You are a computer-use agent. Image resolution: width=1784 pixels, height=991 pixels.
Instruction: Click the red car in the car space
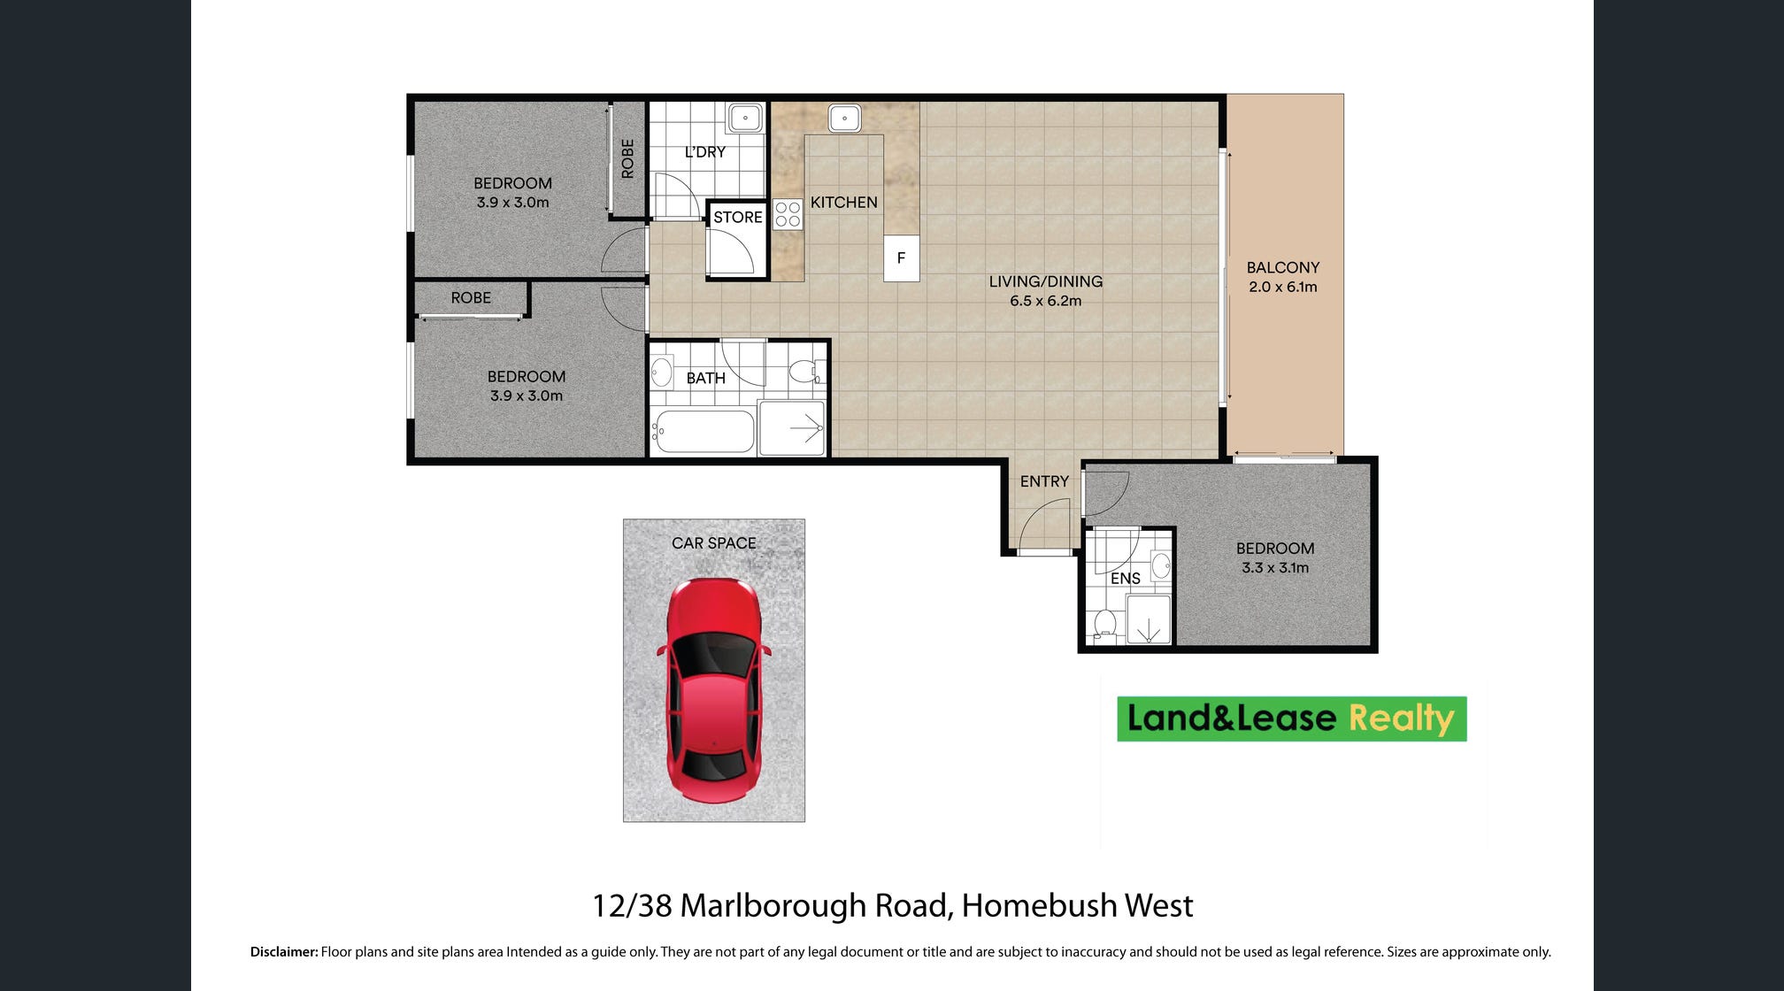713,690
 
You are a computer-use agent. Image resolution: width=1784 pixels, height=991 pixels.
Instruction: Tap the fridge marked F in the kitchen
901,258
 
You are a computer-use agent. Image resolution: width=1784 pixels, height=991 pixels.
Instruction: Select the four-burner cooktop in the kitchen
788,214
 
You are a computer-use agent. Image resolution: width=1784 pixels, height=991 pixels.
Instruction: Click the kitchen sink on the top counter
844,118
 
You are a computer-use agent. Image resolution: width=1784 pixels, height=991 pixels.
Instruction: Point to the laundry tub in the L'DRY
745,118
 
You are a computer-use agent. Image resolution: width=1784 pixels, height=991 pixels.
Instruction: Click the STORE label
738,218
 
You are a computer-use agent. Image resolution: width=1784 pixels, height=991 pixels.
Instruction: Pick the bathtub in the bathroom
704,432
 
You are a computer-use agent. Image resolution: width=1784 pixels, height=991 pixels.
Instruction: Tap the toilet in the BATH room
805,371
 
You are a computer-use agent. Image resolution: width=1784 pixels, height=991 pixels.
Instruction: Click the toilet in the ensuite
1104,623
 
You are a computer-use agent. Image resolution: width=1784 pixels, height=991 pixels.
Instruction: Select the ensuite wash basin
1161,565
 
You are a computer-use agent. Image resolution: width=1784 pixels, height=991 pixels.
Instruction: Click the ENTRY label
1044,481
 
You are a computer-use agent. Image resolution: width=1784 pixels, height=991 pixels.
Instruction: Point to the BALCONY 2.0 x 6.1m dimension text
1283,287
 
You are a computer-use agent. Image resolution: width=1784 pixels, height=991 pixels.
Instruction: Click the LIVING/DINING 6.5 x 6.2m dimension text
1046,301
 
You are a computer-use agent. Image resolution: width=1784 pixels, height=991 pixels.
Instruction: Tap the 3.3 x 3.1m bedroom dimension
1275,568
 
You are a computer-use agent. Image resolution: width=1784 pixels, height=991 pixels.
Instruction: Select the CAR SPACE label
714,543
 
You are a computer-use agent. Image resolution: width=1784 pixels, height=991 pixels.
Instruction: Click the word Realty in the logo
1402,718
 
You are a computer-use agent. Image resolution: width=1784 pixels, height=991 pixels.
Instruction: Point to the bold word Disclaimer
284,952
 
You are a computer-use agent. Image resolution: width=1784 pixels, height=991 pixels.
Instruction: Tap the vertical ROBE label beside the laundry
627,159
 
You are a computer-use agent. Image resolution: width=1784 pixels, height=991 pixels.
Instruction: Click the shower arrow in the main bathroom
806,429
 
